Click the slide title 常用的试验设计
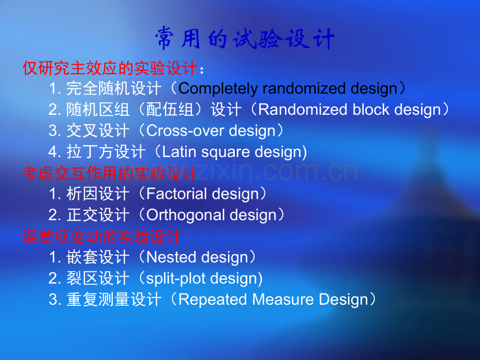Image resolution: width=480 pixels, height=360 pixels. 245,38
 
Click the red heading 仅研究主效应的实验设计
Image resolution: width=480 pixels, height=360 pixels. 110,68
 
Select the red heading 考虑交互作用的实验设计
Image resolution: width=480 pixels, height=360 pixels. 110,174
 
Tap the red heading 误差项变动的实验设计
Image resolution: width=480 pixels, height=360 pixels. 102,237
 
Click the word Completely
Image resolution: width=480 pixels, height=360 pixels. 218,89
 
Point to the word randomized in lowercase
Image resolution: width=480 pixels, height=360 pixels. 304,89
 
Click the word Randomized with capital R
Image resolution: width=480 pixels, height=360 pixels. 303,110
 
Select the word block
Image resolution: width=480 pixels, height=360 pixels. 370,110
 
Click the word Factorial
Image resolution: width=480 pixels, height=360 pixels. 177,194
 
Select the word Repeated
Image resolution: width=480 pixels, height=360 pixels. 212,299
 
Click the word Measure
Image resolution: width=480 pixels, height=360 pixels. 283,299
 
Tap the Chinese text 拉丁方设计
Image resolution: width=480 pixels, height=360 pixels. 106,152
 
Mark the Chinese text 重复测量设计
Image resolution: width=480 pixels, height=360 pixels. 114,299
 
